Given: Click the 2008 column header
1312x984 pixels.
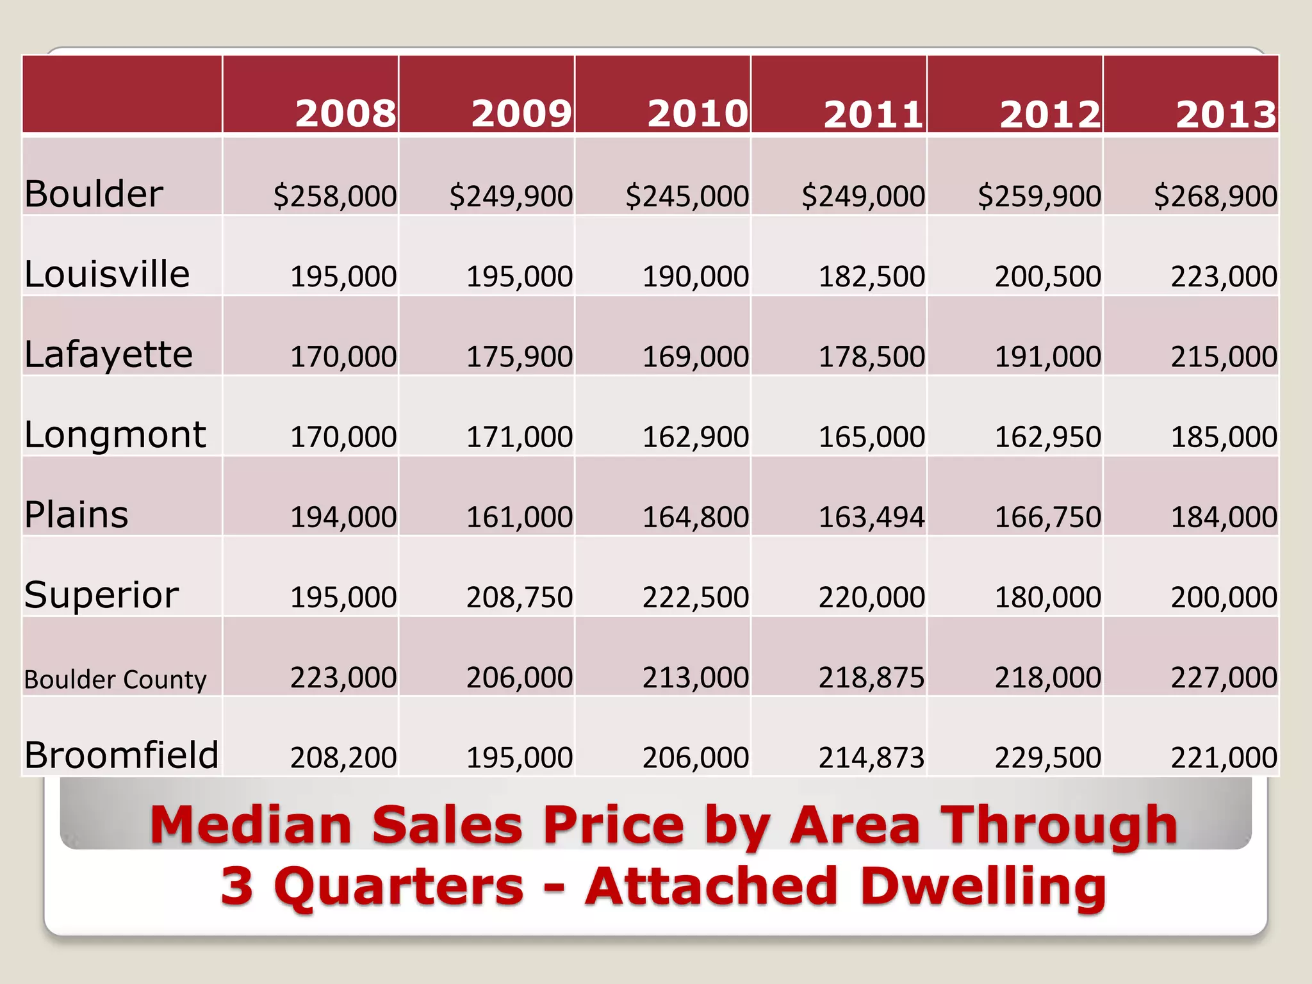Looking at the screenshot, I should point(346,114).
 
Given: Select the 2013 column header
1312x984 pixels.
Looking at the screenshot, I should point(1226,114).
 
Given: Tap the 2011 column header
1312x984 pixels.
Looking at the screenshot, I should point(874,114).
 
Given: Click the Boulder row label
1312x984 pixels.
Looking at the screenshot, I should point(94,194).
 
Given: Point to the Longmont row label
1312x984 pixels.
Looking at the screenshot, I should point(115,435).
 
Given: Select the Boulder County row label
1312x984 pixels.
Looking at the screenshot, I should point(115,679).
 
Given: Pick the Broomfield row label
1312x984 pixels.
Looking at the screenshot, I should point(122,755).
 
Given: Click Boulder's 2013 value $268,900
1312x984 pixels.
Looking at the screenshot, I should point(1215,196).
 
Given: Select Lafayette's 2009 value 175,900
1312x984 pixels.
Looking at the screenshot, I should point(519,357).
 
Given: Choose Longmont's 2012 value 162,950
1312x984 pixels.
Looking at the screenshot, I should point(1047,437).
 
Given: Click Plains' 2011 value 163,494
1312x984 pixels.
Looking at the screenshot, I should point(871,517).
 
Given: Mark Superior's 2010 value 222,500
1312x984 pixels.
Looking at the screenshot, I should point(695,597).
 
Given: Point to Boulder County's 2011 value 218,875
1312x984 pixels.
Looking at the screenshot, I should point(871,677).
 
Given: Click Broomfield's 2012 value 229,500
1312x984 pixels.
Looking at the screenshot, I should point(1047,758).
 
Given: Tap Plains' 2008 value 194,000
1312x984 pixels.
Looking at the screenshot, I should point(343,517).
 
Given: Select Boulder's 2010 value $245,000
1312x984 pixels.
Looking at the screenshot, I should point(687,196).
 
